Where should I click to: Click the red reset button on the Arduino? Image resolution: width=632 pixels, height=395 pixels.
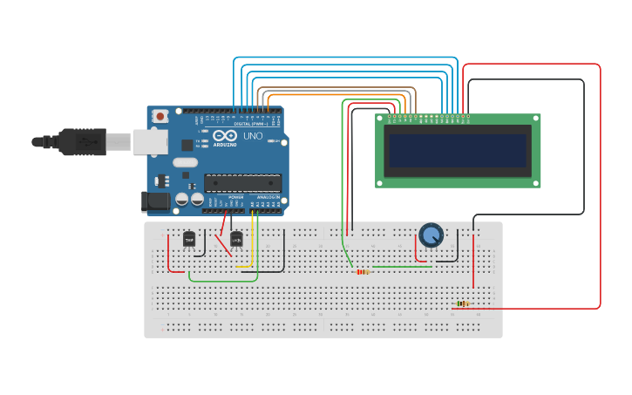pos(160,116)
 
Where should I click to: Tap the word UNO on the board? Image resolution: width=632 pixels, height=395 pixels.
pos(252,137)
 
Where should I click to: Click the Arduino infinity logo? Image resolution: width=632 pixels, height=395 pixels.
pos(224,136)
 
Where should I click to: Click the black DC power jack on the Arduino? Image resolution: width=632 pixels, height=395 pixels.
pos(156,201)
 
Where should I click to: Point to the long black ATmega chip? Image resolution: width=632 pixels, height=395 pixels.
pos(243,181)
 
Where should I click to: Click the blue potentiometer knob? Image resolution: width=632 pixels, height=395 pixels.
pos(431,235)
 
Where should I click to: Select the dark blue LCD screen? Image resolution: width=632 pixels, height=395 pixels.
pos(458,151)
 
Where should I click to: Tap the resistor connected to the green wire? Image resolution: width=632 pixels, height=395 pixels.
pos(363,271)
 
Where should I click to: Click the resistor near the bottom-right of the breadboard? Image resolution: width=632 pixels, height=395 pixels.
pos(462,304)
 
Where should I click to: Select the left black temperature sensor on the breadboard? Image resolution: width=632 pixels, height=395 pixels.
pos(189,238)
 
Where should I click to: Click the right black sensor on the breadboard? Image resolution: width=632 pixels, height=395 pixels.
pos(235,238)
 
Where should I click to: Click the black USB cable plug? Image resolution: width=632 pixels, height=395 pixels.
pos(83,141)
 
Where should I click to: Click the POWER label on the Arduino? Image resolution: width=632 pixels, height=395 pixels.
pos(235,197)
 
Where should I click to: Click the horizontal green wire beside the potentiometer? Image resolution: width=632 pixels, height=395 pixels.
pos(401,267)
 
